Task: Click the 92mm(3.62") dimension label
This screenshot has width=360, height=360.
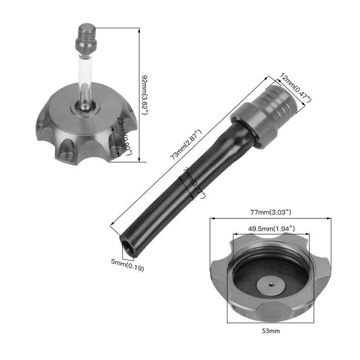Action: tap(145, 95)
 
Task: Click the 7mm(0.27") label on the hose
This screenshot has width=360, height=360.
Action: tap(194, 182)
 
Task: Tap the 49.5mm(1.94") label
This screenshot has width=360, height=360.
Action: tap(271, 228)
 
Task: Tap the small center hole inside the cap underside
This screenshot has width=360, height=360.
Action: tap(271, 284)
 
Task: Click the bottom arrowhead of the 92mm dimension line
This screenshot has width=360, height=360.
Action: tap(139, 160)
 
